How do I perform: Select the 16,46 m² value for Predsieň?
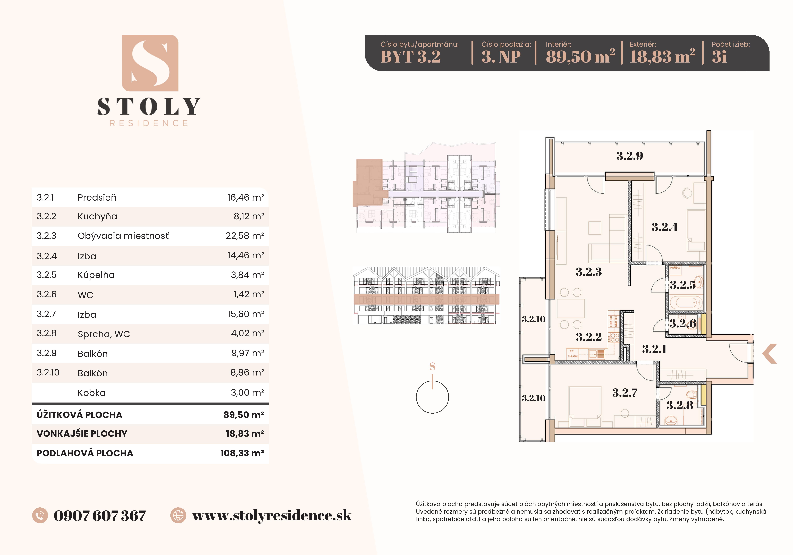point(245,198)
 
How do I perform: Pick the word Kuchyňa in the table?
point(97,217)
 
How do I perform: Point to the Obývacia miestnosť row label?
point(123,236)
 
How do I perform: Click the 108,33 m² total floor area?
point(242,453)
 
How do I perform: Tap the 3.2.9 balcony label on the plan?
point(630,156)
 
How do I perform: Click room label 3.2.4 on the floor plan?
point(664,227)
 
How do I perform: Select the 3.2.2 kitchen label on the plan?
point(589,337)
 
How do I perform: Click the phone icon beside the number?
point(40,516)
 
